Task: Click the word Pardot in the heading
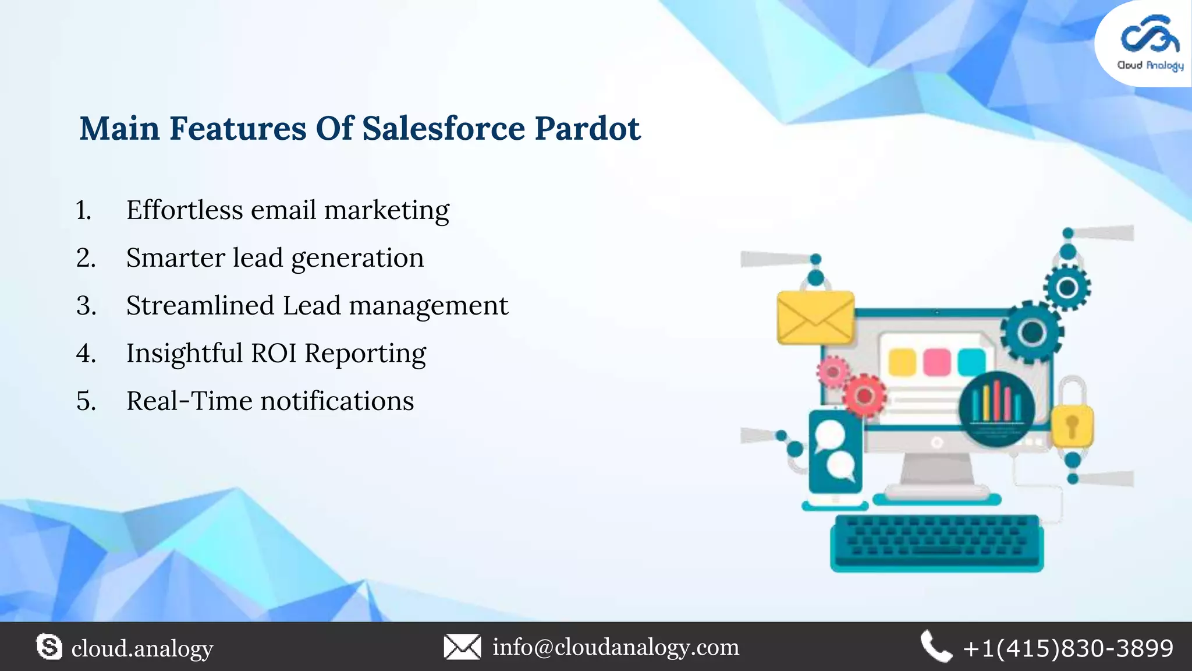coord(587,129)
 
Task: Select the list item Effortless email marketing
coord(288,210)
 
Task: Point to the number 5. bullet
coord(86,401)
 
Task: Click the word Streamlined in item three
coord(200,306)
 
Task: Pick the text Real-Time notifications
coord(270,401)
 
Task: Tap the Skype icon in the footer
coord(49,647)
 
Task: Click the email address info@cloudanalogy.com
coord(616,647)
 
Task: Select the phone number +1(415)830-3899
coord(1068,648)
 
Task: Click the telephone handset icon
coord(935,647)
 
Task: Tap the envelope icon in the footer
coord(462,647)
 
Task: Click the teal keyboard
coord(936,542)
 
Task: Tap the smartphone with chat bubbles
coord(835,451)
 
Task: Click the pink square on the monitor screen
coord(936,362)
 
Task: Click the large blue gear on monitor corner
coord(1032,333)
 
